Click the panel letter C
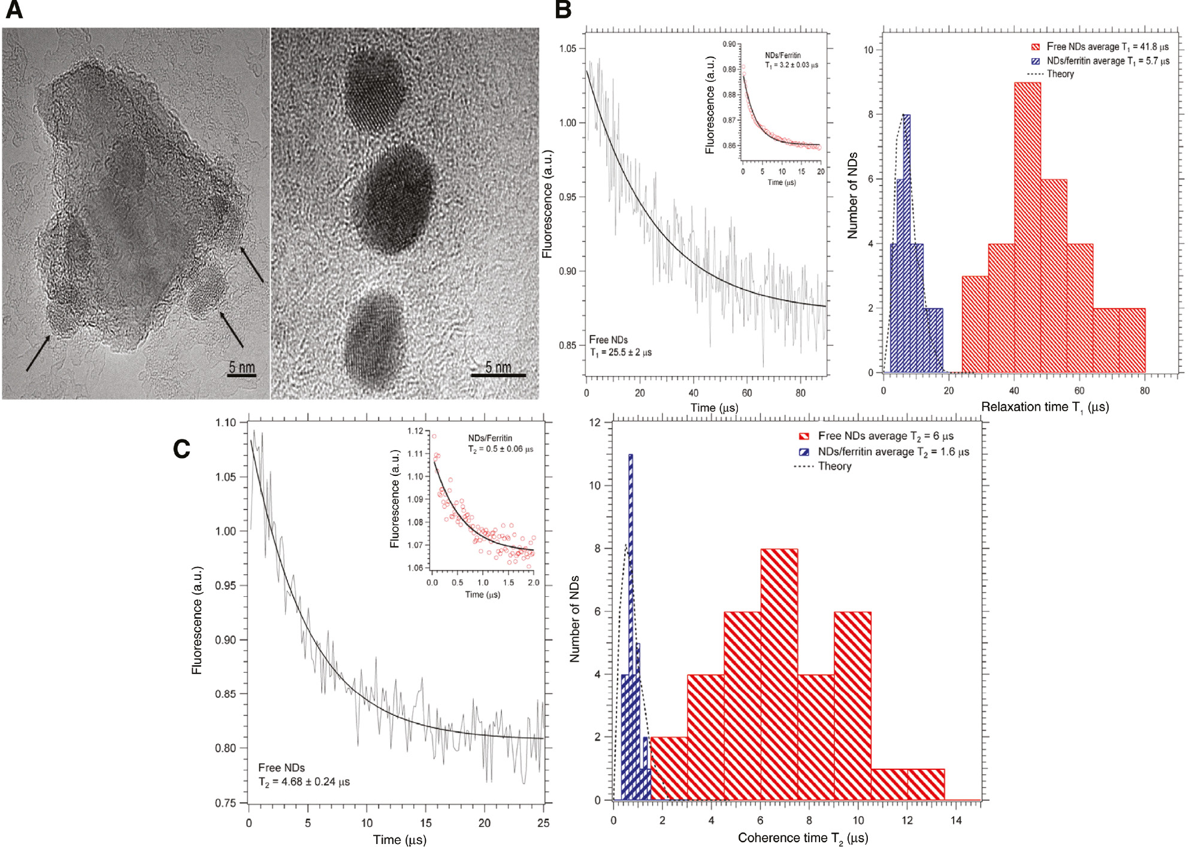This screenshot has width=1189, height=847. click(181, 449)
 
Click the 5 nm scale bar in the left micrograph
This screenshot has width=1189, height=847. click(242, 375)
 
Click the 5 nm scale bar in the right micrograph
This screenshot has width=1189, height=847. click(498, 375)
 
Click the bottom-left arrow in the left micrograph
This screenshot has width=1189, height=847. click(37, 354)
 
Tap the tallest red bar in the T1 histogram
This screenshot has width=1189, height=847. click(1027, 227)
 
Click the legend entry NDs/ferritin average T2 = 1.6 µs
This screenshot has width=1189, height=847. click(892, 452)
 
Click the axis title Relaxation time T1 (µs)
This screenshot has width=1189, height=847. click(1045, 407)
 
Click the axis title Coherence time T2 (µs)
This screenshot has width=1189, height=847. click(803, 838)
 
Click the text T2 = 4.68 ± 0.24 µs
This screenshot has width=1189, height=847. click(304, 782)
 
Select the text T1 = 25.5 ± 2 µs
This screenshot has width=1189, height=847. click(621, 353)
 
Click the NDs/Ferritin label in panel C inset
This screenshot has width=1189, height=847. click(490, 438)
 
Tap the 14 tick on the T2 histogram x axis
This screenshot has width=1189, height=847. click(955, 821)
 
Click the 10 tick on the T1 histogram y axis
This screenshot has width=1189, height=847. click(868, 50)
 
